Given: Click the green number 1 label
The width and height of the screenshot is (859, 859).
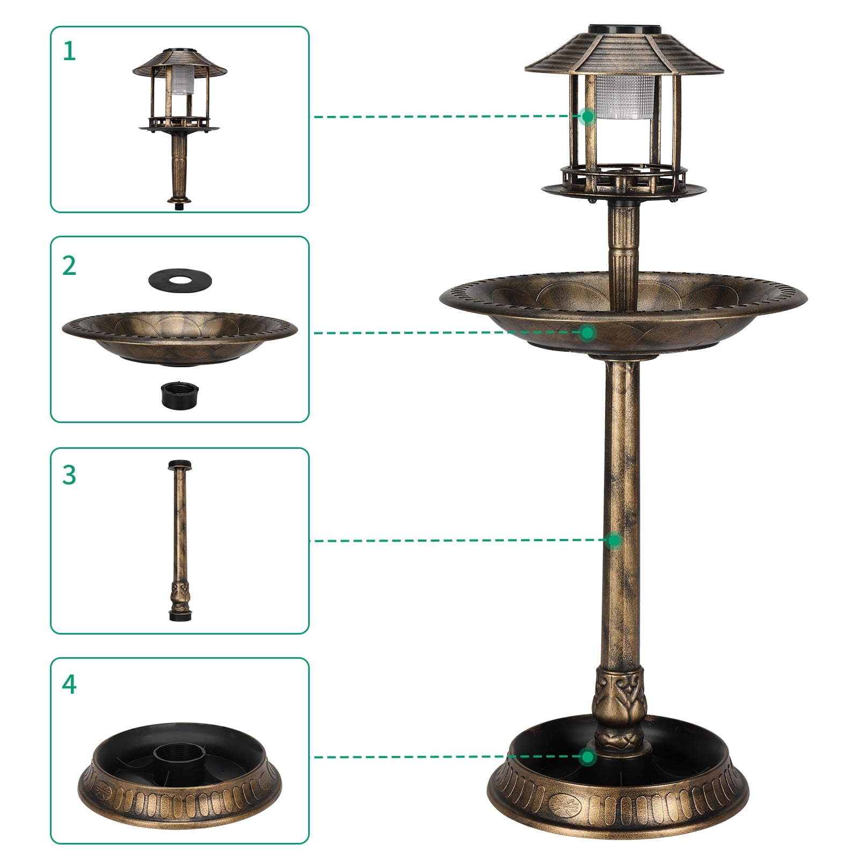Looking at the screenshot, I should tap(69, 52).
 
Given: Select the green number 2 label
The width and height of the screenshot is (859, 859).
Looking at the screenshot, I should tap(69, 266).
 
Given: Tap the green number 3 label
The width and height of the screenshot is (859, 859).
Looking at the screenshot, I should tap(69, 475).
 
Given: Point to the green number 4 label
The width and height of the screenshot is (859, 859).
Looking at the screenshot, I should tap(69, 685).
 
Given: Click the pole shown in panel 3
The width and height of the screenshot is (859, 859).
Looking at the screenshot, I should tap(179, 537).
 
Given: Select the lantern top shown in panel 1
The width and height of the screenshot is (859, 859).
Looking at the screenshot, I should tap(180, 107).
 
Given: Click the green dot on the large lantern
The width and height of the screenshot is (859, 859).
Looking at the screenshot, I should tap(588, 116).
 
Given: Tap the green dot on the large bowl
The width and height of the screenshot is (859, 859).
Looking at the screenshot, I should tap(588, 333).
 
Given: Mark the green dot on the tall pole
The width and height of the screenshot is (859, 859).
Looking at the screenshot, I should tap(615, 540).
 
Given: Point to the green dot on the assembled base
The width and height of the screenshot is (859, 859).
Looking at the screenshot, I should tap(588, 757).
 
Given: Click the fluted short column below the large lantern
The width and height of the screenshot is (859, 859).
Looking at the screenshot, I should tap(623, 242).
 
